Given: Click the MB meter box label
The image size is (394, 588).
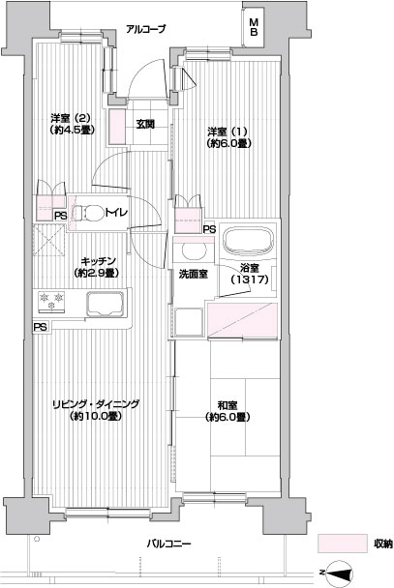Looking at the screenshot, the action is pyautogui.click(x=254, y=27).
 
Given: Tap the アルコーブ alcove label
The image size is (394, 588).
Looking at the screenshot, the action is pyautogui.click(x=145, y=29).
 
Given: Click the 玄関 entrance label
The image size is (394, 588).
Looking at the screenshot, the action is pyautogui.click(x=145, y=124).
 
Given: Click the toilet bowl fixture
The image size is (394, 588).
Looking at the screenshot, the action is pyautogui.click(x=88, y=214).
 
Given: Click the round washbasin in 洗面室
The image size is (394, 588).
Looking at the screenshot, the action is pyautogui.click(x=194, y=250).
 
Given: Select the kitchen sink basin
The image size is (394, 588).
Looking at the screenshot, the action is pyautogui.click(x=106, y=304).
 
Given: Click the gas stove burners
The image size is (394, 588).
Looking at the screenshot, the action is pyautogui.click(x=51, y=301).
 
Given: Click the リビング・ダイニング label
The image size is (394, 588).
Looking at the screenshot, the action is pyautogui.click(x=95, y=404).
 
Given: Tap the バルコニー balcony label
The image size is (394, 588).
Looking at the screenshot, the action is pyautogui.click(x=168, y=544).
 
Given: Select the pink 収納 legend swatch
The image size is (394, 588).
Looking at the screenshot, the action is pyautogui.click(x=342, y=544).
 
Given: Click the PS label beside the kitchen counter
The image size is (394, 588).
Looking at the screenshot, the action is pyautogui.click(x=40, y=327).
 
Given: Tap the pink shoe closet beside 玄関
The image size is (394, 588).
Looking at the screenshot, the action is pyautogui.click(x=117, y=127).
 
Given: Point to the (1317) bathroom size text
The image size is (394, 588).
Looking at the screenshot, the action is pyautogui.click(x=249, y=279).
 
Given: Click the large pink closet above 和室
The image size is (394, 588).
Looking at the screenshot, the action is pyautogui.click(x=242, y=320).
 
